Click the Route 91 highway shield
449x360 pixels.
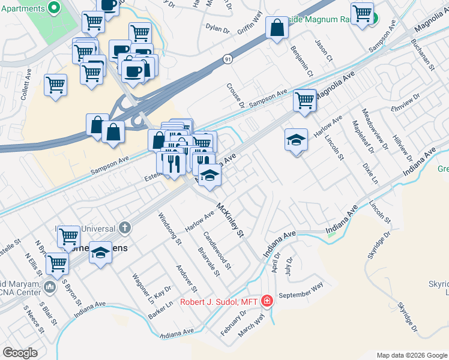228,59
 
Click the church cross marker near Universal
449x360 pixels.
124,227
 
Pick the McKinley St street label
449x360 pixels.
231,220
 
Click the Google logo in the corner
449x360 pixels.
20,353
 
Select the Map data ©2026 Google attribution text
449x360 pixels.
411,355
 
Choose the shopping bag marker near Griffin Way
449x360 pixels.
277,28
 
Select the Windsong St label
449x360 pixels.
169,229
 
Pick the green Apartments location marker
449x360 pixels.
53,8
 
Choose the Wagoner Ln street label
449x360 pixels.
145,289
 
